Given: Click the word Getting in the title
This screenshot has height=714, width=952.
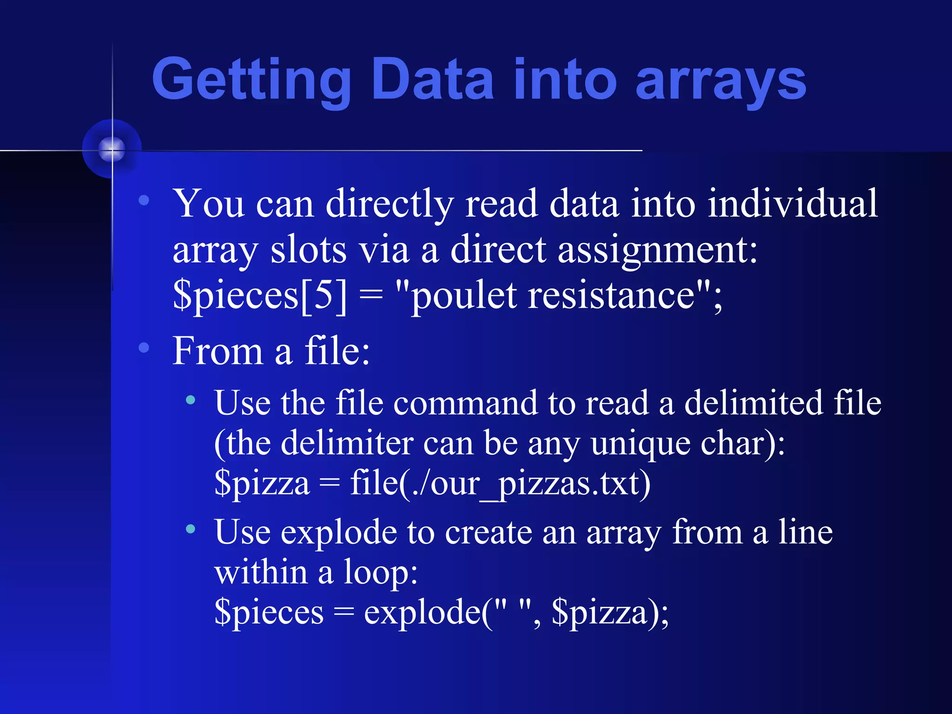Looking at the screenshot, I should pos(251,80).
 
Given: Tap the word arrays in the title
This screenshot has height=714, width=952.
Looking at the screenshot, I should pos(720,80).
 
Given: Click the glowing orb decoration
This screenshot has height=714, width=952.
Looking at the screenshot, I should pos(112,149).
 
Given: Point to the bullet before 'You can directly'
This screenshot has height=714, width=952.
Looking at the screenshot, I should pos(144,200).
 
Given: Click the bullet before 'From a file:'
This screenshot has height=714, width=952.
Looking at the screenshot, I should pos(144,347).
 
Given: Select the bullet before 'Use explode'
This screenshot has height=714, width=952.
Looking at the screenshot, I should pos(190,529).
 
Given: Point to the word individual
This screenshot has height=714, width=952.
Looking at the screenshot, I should pos(793,204).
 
